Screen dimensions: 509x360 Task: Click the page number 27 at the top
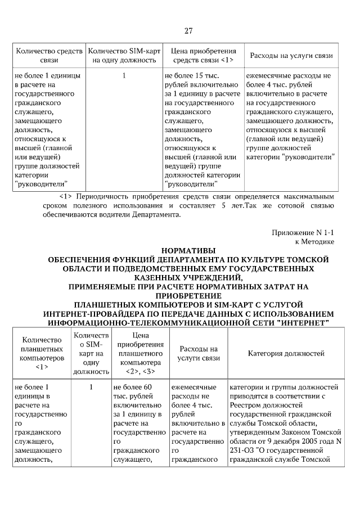pos(188,30)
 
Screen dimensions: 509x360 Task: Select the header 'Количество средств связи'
pos(49,56)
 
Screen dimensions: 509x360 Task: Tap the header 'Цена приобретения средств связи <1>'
pos(203,56)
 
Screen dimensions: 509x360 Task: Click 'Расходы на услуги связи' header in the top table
pos(291,56)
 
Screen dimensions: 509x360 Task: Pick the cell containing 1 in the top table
pos(124,75)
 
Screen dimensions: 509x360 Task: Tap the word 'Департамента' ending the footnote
pos(158,215)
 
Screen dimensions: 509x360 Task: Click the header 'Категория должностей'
pos(286,353)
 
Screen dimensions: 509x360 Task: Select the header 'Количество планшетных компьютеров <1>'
pos(41,353)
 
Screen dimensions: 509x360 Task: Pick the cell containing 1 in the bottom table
pos(91,387)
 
